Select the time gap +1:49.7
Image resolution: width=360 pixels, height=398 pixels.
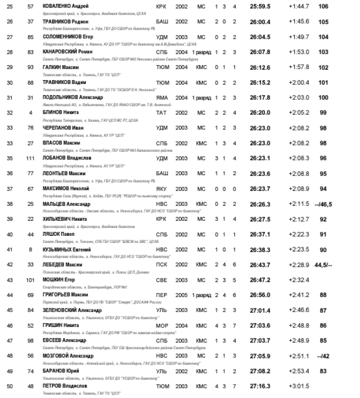pos(299,37)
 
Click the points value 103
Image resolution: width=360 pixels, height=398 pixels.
pos(323,52)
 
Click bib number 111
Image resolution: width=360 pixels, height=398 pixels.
pos(31,158)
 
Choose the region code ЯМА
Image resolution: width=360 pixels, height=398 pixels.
pos(162,97)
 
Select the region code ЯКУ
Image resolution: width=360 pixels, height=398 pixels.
pos(162,189)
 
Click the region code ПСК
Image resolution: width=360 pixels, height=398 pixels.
pos(162,265)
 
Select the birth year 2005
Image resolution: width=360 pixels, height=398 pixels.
pos(181,295)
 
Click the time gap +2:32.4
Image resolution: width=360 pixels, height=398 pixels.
pos(299,280)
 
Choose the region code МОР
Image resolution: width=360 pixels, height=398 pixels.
pos(162,326)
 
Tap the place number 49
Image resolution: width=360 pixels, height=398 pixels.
pos(10,371)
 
